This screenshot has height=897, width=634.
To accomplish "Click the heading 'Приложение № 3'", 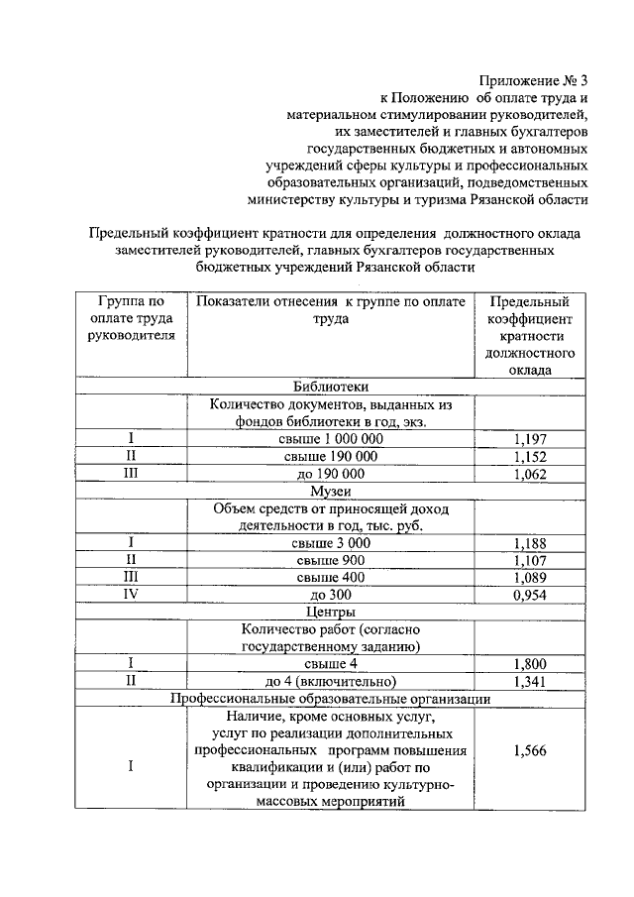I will coord(533,81).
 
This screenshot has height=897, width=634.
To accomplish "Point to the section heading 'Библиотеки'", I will coord(331,387).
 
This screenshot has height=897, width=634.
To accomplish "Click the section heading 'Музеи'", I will coord(331,491).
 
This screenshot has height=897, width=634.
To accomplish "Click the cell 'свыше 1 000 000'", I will coord(331,439).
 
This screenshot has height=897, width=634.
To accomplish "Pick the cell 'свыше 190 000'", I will coord(331,456).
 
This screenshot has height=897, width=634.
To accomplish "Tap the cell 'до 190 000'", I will coord(331,474).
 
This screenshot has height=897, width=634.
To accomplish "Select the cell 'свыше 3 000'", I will coord(331,543).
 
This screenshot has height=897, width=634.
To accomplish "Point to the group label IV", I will coord(130,595).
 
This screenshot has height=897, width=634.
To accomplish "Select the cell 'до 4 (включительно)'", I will coord(331,682).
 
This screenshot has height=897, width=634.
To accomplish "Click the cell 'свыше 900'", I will coord(331,560).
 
